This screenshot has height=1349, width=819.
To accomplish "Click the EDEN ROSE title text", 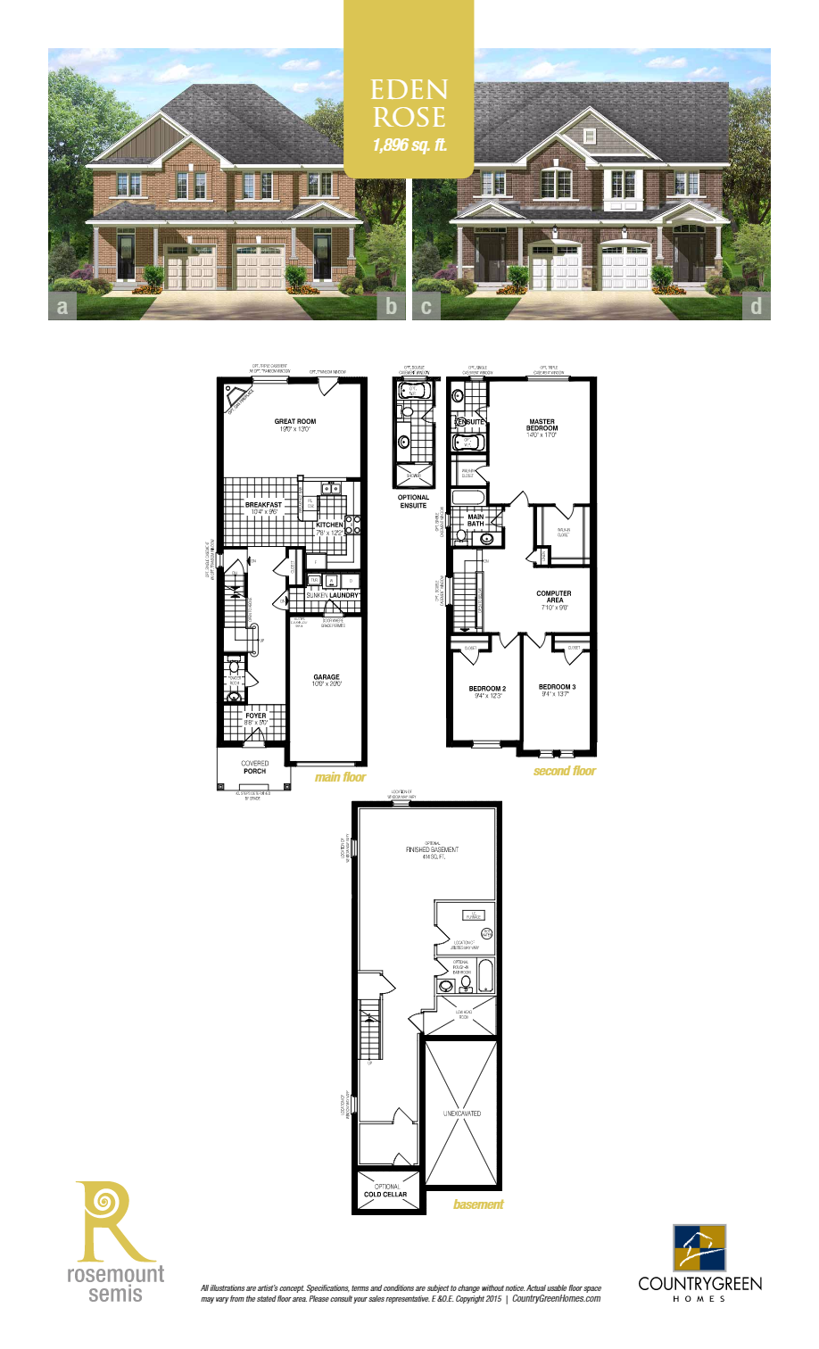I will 409,103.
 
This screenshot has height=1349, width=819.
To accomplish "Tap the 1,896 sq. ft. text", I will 409,145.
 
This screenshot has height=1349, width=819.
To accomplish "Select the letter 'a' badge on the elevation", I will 62,307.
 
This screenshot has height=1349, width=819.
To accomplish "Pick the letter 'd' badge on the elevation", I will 756,307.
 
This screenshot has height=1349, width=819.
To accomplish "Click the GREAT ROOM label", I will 295,425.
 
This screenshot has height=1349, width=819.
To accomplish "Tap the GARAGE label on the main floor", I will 327,681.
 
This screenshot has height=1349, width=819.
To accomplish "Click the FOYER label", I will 255,718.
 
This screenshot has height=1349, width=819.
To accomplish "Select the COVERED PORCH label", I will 254,766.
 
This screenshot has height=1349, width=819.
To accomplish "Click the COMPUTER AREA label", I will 554,597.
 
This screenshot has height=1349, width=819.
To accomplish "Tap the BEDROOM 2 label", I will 487,691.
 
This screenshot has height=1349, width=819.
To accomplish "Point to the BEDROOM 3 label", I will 557,690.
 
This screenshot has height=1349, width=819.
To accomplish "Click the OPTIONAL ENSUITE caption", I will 413,501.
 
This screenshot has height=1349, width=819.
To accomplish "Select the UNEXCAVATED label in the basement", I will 461,1113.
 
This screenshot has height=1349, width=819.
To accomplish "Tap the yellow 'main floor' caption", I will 340,777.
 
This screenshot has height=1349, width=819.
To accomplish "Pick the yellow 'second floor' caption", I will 564,771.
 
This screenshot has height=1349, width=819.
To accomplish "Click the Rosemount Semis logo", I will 115,1241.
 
